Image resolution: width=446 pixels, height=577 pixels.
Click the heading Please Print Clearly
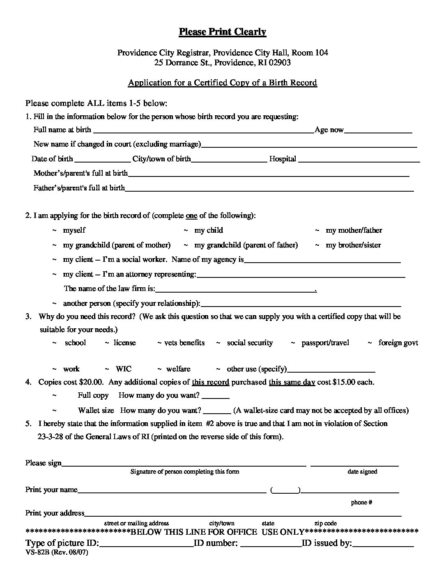click(222, 32)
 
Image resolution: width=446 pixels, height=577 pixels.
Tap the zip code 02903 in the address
click(280, 63)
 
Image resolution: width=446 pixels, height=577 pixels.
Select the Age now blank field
click(378, 131)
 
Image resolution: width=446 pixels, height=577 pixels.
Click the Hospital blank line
click(359, 160)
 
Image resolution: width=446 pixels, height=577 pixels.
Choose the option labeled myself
click(74, 230)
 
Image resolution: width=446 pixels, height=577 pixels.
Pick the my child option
click(208, 230)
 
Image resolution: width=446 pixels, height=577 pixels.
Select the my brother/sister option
click(353, 245)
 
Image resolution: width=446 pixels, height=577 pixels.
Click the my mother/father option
click(354, 230)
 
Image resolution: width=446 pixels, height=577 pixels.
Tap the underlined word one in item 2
click(191, 215)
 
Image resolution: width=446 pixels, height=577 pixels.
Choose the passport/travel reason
click(325, 343)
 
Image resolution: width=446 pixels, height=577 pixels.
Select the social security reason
click(250, 343)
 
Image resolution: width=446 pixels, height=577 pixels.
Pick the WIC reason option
click(124, 369)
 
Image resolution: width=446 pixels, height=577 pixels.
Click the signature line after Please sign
click(184, 464)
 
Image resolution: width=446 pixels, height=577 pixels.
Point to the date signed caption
click(362, 472)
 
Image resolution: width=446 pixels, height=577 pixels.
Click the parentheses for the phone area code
click(285, 490)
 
